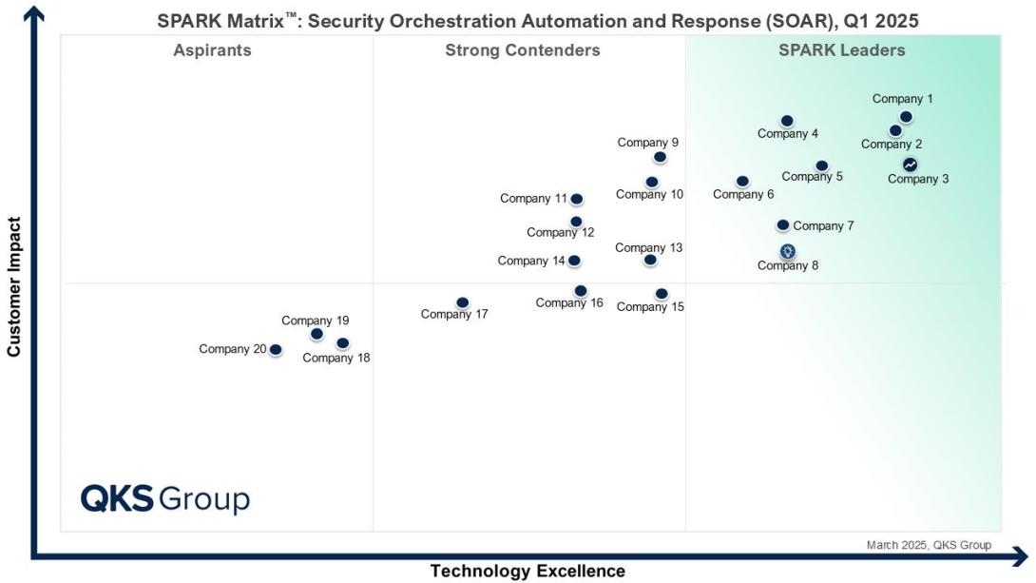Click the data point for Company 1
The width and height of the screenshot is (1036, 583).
pos(906,117)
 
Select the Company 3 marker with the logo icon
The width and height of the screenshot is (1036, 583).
pos(910,165)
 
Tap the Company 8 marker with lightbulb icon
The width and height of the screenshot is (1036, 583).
pos(787,251)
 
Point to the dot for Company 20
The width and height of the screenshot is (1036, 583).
pos(276,350)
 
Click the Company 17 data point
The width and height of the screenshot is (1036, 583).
pos(462,302)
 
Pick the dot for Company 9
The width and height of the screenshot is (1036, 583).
pos(660,157)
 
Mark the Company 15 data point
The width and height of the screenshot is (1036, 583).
pos(662,294)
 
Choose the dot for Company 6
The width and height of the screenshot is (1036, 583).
pos(742,181)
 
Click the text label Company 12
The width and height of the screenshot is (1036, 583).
pos(560,233)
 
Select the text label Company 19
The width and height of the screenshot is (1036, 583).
pos(315,321)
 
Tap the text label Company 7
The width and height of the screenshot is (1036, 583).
pos(823,226)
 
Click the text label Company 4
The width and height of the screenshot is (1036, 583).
pos(787,134)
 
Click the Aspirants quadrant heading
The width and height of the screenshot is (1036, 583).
pos(212,50)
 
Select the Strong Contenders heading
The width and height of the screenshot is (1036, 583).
pos(522,50)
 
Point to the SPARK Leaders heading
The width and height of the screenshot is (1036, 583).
pos(841,50)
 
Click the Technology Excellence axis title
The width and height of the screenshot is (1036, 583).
pos(528,571)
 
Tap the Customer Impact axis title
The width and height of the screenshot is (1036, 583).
pos(13,287)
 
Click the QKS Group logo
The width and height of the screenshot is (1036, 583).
pos(164,498)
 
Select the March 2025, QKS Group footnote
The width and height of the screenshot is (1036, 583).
pos(928,545)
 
